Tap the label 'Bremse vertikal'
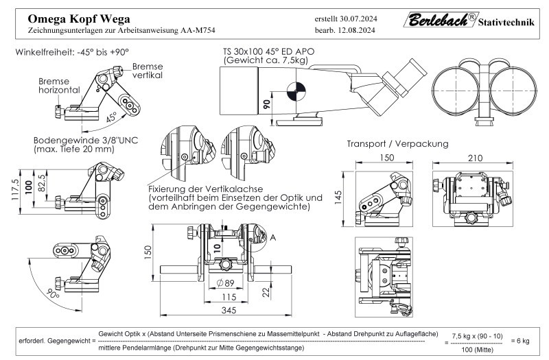point(148,71)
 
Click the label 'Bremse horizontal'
point(59,85)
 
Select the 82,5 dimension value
point(42,182)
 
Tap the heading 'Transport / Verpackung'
point(397,144)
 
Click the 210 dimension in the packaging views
point(472,157)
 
